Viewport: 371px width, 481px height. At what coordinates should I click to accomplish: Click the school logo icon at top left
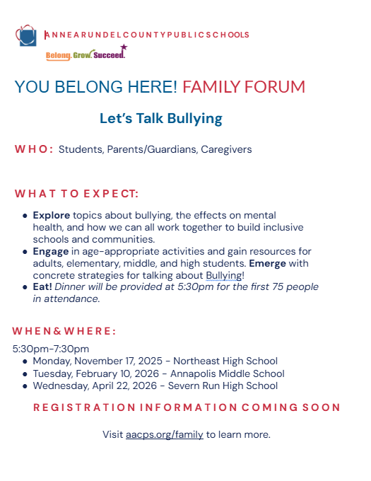(x=26, y=35)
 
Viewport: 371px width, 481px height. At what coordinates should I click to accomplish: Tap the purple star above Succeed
(x=124, y=48)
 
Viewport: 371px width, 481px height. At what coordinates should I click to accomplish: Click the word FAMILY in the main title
(x=211, y=87)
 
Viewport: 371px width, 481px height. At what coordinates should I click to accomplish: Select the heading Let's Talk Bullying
(x=160, y=118)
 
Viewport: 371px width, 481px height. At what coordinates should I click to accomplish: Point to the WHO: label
(x=34, y=149)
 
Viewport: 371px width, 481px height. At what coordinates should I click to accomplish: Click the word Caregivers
(x=226, y=149)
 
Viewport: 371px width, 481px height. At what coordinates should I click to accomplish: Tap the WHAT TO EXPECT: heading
(x=76, y=194)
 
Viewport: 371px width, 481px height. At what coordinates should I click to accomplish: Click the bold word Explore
(x=51, y=215)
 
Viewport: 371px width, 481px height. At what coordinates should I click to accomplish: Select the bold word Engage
(x=50, y=251)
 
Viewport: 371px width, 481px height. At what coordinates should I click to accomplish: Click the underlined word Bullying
(x=223, y=275)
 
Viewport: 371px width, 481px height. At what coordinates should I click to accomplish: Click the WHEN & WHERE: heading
(x=64, y=331)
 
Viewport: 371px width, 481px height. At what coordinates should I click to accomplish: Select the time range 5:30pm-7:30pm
(x=51, y=349)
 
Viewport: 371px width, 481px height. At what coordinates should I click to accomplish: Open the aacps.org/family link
(x=165, y=434)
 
